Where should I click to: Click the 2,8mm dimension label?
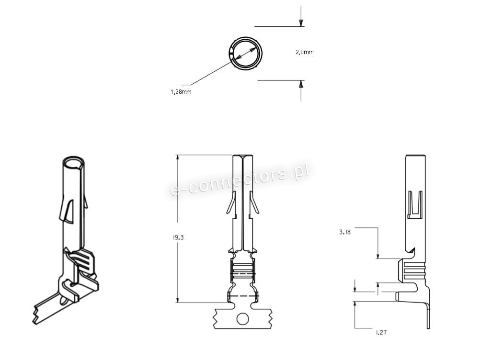click(x=304, y=52)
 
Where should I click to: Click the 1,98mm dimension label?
click(x=181, y=91)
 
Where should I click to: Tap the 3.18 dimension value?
click(x=345, y=232)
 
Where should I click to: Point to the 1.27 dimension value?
click(x=381, y=332)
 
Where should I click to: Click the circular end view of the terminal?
click(x=245, y=39)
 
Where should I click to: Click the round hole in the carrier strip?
click(x=242, y=319)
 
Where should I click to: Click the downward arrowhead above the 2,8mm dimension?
click(x=301, y=23)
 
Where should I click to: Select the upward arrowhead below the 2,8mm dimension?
click(x=301, y=84)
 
